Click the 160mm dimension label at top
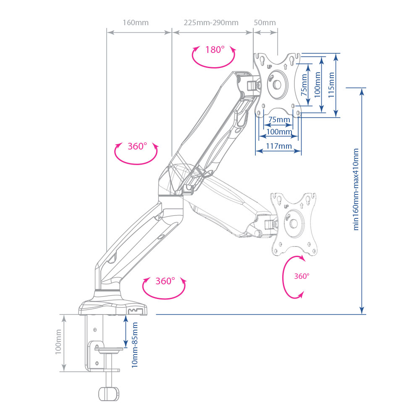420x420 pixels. click(x=135, y=23)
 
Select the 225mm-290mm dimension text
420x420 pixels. click(x=211, y=23)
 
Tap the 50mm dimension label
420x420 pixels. click(x=265, y=23)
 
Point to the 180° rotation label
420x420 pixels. click(x=215, y=50)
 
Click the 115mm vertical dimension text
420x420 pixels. click(x=331, y=85)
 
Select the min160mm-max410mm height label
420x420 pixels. click(x=357, y=189)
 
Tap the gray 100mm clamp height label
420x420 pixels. click(x=58, y=342)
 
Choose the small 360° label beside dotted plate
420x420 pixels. click(x=302, y=276)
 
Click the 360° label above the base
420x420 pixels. click(x=165, y=281)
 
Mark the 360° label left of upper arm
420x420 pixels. click(x=137, y=147)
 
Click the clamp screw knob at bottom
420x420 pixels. click(x=109, y=394)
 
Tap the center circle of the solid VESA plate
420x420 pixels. click(x=277, y=84)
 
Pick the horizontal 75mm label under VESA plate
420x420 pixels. click(x=279, y=120)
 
